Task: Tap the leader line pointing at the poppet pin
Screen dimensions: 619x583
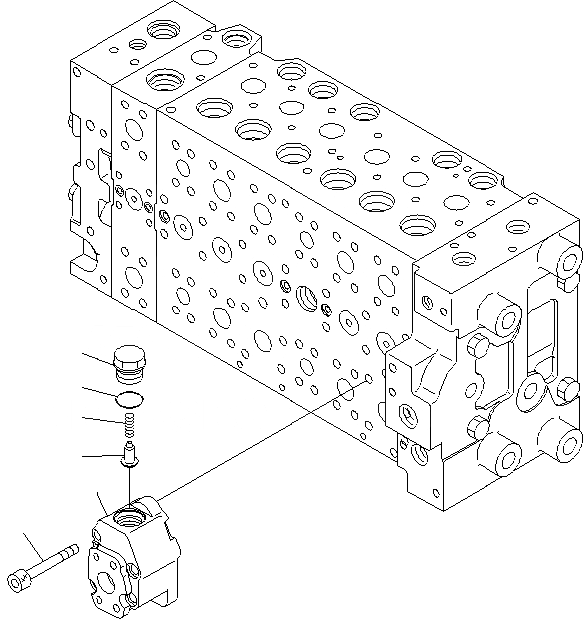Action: click(101, 457)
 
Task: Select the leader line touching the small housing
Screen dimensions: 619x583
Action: click(99, 501)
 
